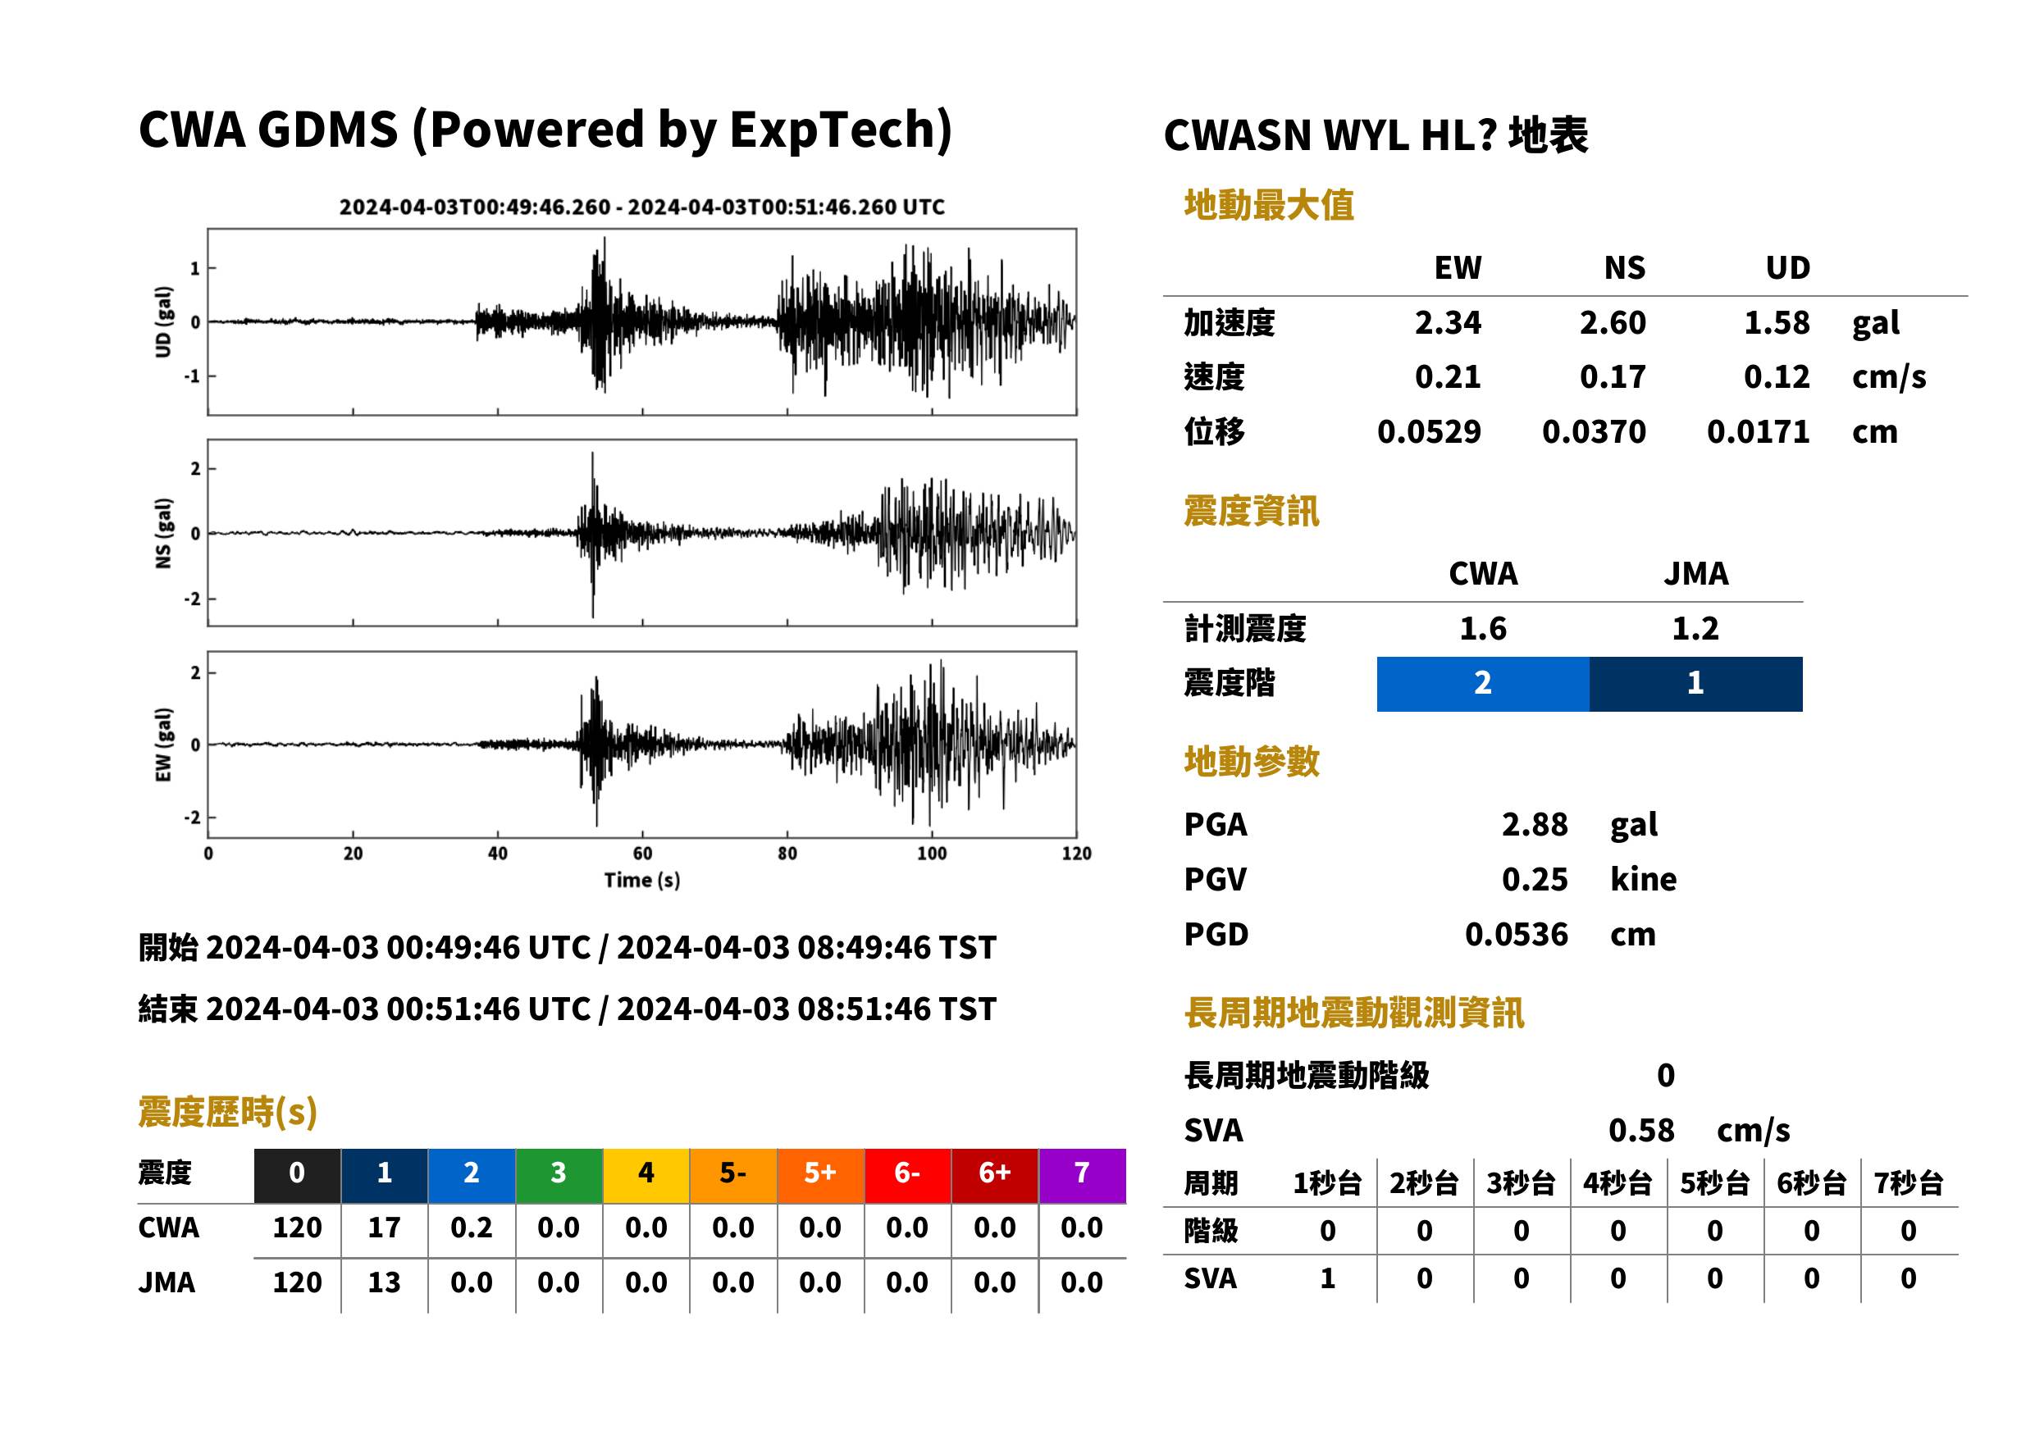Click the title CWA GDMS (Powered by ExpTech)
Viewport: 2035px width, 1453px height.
pyautogui.click(x=545, y=130)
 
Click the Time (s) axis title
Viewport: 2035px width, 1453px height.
pyautogui.click(x=641, y=881)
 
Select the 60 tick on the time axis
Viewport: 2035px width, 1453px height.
pyautogui.click(x=641, y=854)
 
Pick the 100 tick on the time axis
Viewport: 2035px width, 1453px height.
pyautogui.click(x=932, y=854)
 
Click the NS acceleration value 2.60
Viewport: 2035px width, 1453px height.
pyautogui.click(x=1612, y=323)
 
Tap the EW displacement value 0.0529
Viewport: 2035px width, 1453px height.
pyautogui.click(x=1429, y=432)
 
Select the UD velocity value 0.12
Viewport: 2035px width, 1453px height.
pyautogui.click(x=1777, y=377)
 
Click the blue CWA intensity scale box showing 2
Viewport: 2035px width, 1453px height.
pyautogui.click(x=1483, y=685)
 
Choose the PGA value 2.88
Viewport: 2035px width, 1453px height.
pyautogui.click(x=1535, y=825)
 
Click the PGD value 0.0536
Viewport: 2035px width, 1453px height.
pyautogui.click(x=1517, y=935)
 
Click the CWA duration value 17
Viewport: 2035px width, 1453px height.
pyautogui.click(x=384, y=1228)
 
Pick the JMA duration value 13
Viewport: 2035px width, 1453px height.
pyautogui.click(x=384, y=1283)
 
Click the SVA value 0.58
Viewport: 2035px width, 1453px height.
pyautogui.click(x=1641, y=1131)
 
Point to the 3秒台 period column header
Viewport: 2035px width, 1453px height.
pyautogui.click(x=1521, y=1184)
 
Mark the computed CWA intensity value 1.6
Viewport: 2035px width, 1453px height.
pyautogui.click(x=1483, y=629)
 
